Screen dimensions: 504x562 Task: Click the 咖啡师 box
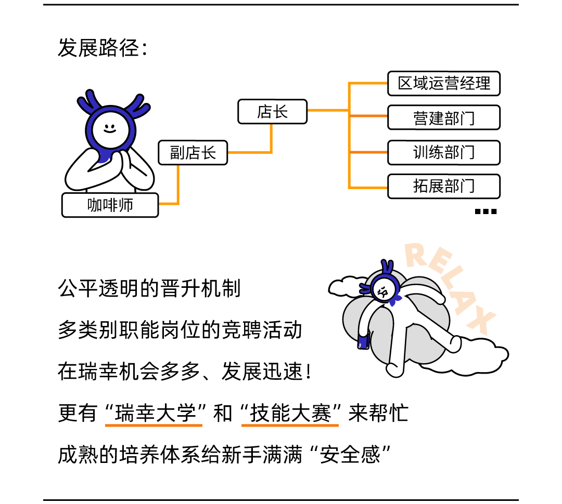(x=110, y=205)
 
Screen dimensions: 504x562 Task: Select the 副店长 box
(x=193, y=153)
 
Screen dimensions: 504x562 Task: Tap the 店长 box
(x=272, y=111)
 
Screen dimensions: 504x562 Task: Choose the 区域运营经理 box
(x=443, y=84)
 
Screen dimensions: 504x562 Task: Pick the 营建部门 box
(x=443, y=117)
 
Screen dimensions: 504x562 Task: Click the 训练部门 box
(x=443, y=152)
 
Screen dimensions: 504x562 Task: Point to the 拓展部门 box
(x=443, y=186)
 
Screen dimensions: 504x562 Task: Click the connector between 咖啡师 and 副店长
(x=177, y=187)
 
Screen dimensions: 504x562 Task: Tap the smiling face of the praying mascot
(x=110, y=129)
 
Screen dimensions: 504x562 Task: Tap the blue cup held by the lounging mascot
(x=363, y=341)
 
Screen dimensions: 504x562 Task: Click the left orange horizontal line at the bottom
(x=154, y=426)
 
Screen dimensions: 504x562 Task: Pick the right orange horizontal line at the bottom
(x=290, y=426)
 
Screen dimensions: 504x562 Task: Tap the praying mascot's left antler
(x=89, y=103)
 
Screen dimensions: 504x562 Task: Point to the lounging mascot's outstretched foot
(x=454, y=344)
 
